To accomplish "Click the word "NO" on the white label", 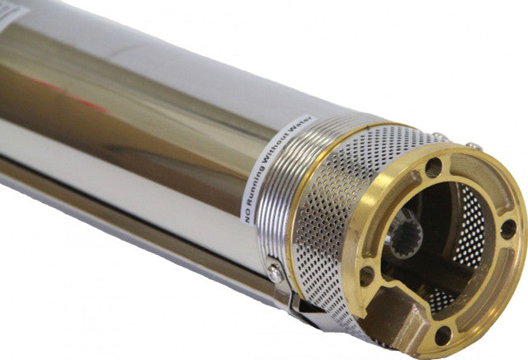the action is click(x=247, y=217).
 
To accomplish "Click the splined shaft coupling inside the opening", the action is click(x=405, y=237).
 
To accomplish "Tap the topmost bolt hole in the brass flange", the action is click(x=434, y=167).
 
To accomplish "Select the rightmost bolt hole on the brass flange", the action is click(x=508, y=229).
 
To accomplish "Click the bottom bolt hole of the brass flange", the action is click(x=443, y=335).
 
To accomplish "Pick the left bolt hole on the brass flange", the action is click(x=366, y=276).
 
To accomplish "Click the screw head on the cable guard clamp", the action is click(x=275, y=272).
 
